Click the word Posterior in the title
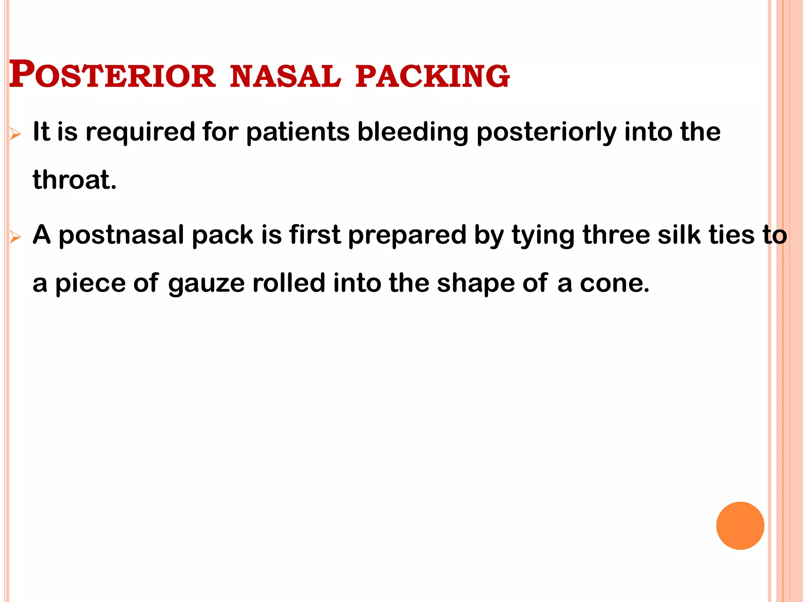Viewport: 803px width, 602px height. pyautogui.click(x=112, y=75)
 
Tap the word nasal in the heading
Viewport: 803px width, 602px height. pyautogui.click(x=285, y=76)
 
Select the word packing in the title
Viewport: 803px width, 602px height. pyautogui.click(x=432, y=76)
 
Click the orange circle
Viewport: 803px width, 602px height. pyautogui.click(x=740, y=526)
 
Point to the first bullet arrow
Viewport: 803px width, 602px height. pyautogui.click(x=15, y=134)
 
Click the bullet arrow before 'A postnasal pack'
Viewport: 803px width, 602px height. pyautogui.click(x=15, y=237)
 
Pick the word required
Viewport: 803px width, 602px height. pyautogui.click(x=140, y=132)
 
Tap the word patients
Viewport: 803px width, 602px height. pyautogui.click(x=298, y=132)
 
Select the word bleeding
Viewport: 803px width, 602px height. pyautogui.click(x=413, y=132)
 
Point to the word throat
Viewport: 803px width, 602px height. pyautogui.click(x=74, y=180)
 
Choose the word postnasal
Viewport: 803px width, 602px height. pyautogui.click(x=121, y=236)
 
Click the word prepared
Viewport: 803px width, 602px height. pyautogui.click(x=407, y=236)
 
